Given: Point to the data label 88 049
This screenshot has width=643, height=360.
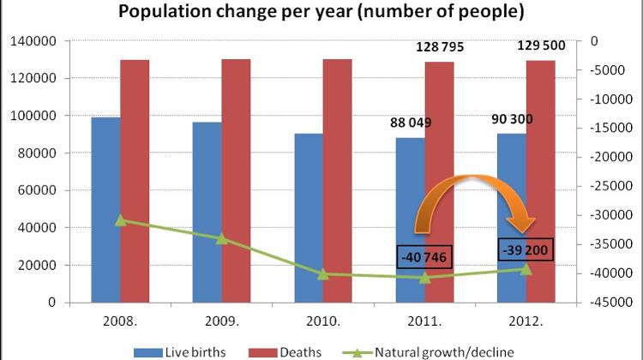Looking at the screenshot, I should click(407, 123).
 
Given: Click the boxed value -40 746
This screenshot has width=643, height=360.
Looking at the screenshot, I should click(425, 256).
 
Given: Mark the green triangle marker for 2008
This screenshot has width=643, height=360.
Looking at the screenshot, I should click(121, 220).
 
